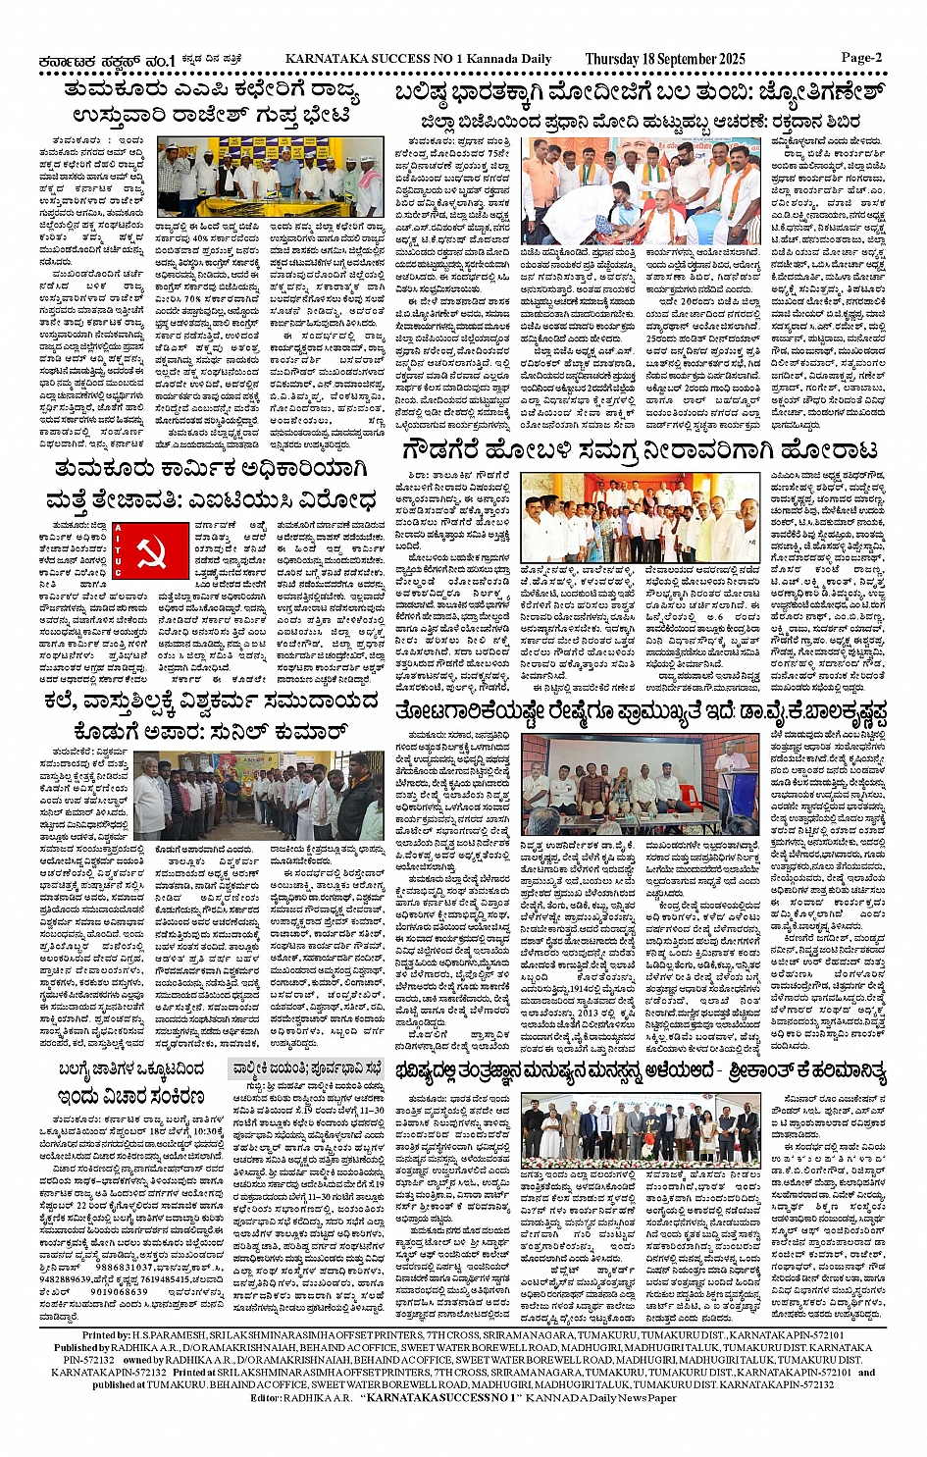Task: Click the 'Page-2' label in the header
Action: pyautogui.click(x=861, y=57)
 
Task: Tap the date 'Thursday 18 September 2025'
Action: pyautogui.click(x=665, y=59)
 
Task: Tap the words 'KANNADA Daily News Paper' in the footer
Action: pyautogui.click(x=600, y=1397)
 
